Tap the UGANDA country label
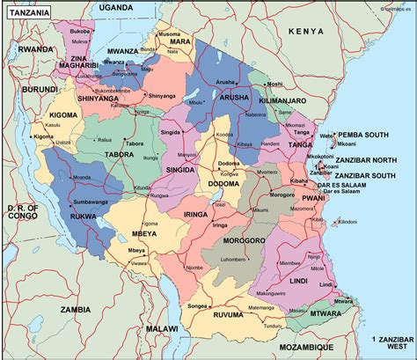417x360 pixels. (116, 7)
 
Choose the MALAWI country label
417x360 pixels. (161, 328)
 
